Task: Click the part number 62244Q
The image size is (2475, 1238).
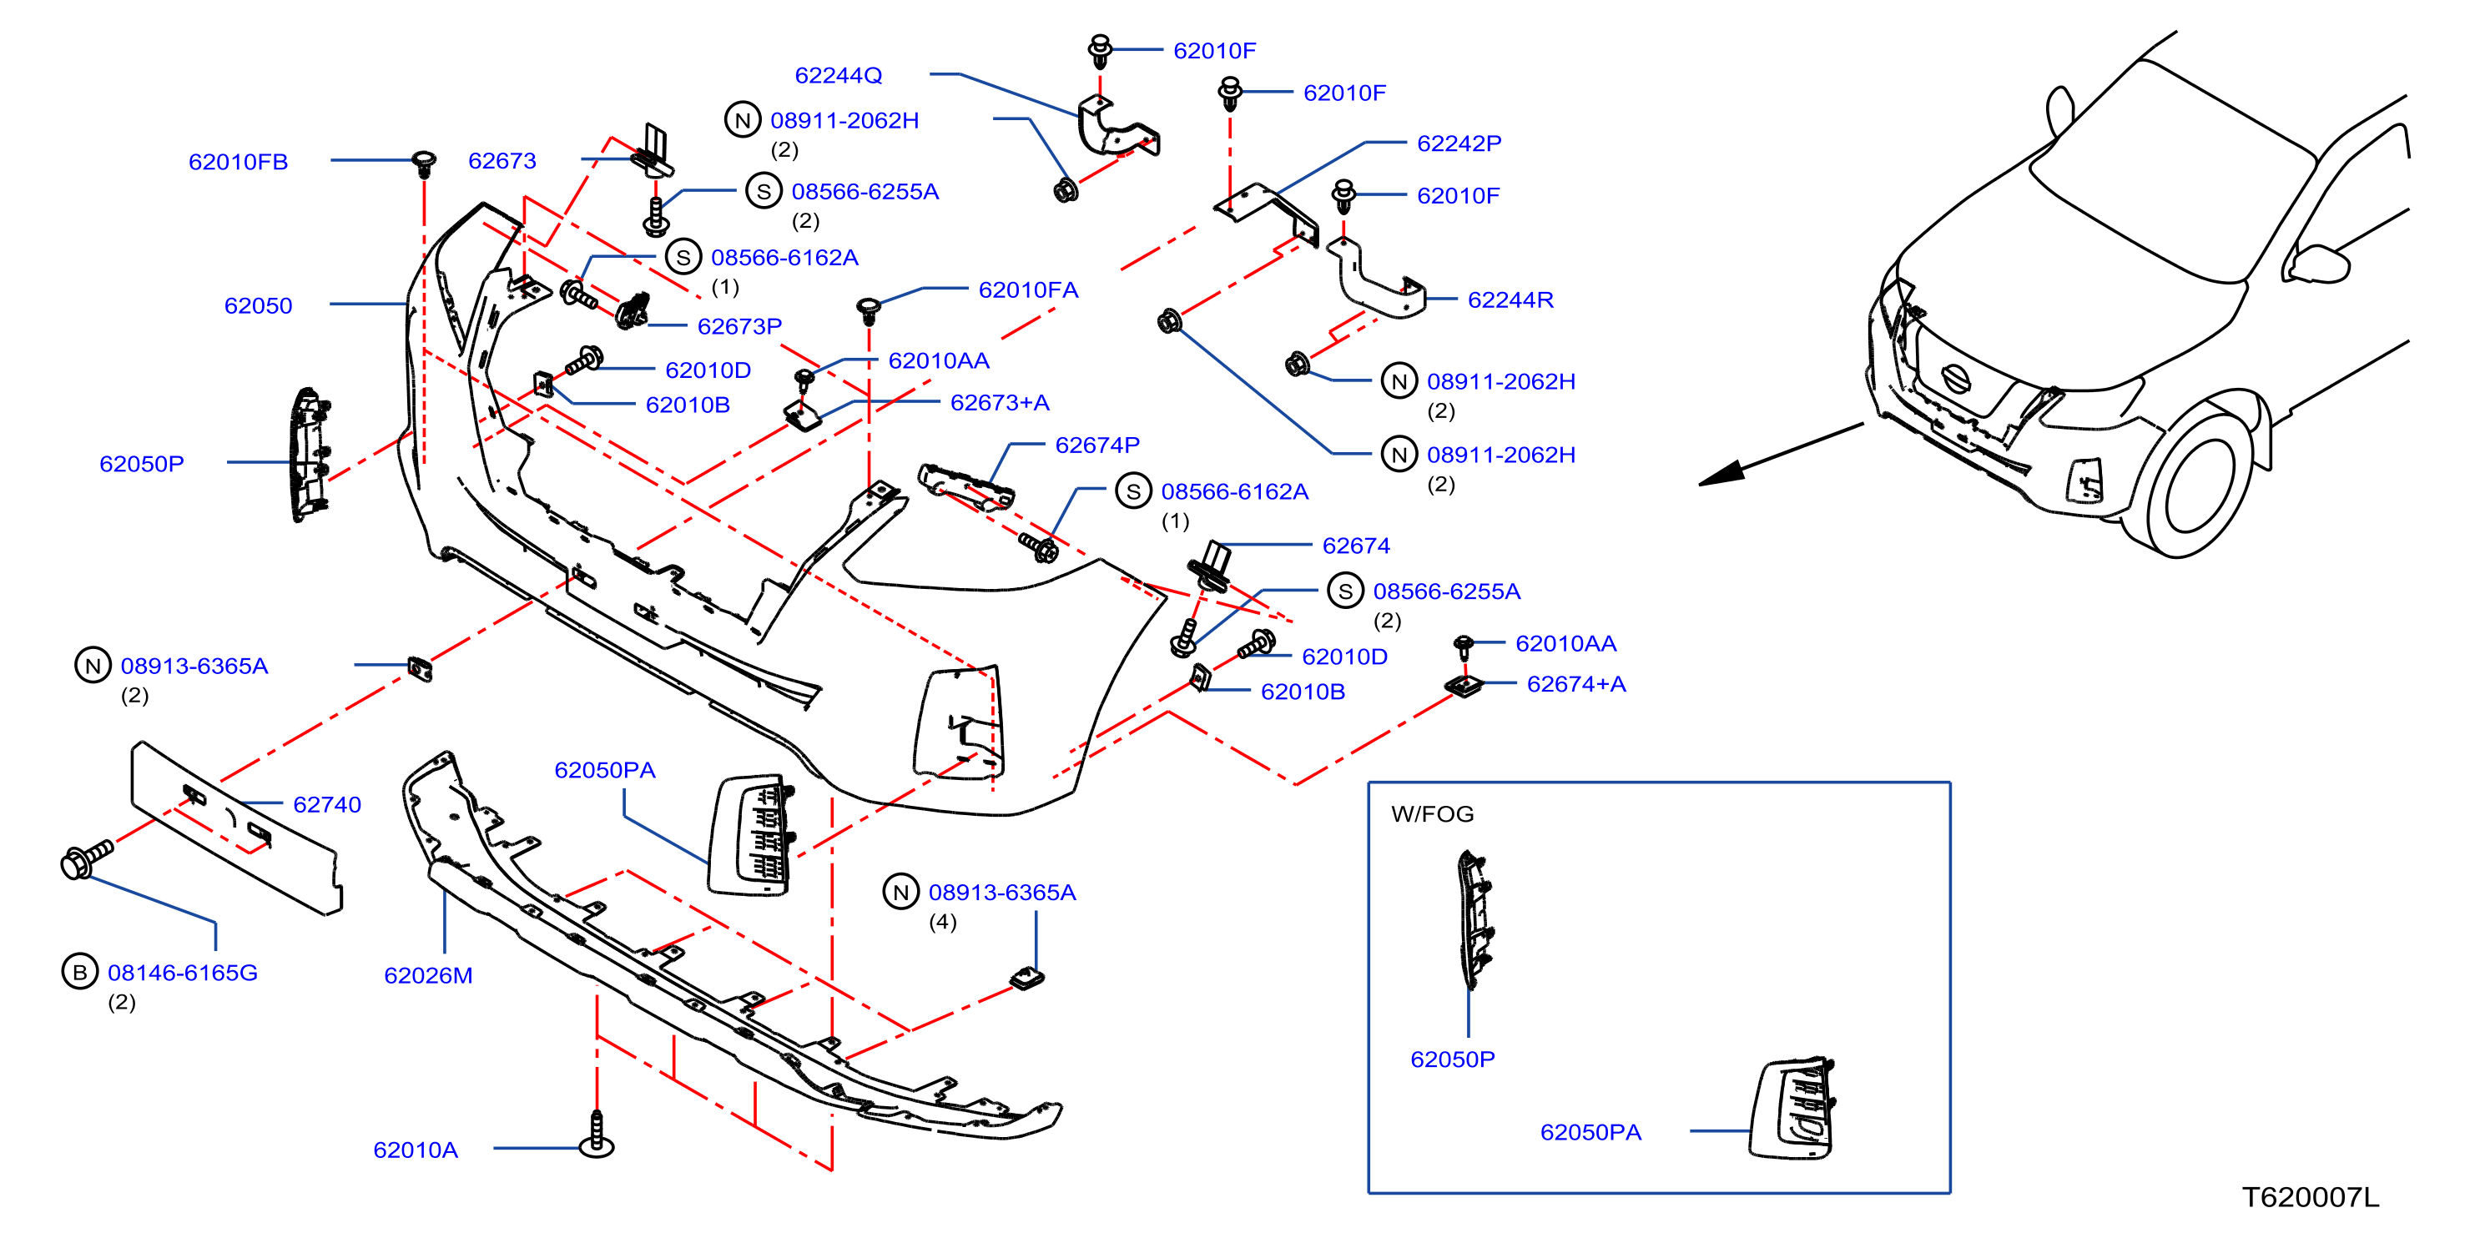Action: pyautogui.click(x=838, y=75)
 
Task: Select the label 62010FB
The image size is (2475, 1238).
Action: pyautogui.click(x=239, y=161)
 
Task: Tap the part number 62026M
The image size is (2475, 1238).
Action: pyautogui.click(x=429, y=975)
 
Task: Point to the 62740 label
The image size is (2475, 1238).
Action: pyautogui.click(x=326, y=804)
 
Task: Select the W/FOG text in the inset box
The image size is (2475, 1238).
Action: pyautogui.click(x=1432, y=813)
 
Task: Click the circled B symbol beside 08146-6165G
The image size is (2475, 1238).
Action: pyautogui.click(x=80, y=972)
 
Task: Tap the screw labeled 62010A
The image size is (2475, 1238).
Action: pyautogui.click(x=597, y=1135)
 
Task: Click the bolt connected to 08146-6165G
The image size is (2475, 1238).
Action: pyautogui.click(x=87, y=858)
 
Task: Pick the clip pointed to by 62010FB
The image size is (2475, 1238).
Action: pyautogui.click(x=424, y=164)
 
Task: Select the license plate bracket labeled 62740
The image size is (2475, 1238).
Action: pyautogui.click(x=236, y=828)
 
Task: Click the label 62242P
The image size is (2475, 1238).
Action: pyautogui.click(x=1459, y=143)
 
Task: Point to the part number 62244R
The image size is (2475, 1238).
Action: pyautogui.click(x=1510, y=299)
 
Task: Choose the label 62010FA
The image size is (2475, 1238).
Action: pyautogui.click(x=1028, y=290)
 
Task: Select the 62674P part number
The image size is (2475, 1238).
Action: pyautogui.click(x=1097, y=445)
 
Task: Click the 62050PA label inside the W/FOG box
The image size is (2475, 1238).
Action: pyautogui.click(x=1590, y=1132)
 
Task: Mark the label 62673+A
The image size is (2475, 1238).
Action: pyautogui.click(x=999, y=402)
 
